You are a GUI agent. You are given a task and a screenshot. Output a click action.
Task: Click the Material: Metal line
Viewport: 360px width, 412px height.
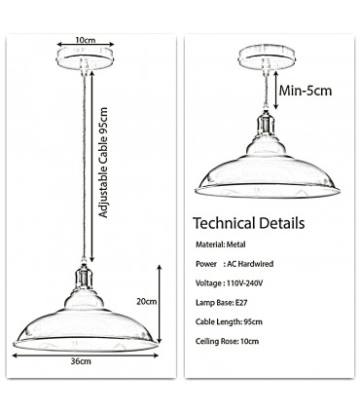tap(225, 245)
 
